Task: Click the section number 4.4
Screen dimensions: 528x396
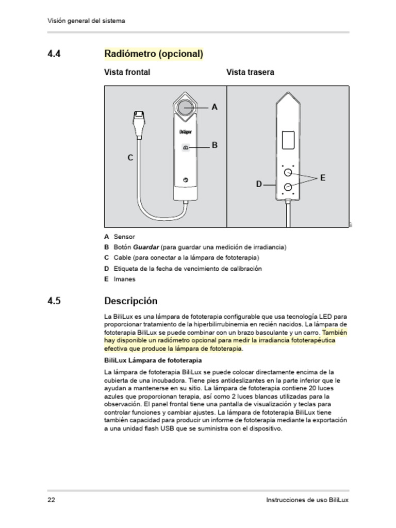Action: [x=54, y=54]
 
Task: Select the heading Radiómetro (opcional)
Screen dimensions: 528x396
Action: [x=154, y=54]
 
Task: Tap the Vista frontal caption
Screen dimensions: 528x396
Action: [x=127, y=72]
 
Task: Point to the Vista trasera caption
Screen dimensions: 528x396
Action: [x=250, y=72]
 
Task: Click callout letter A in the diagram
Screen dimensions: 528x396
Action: [x=214, y=107]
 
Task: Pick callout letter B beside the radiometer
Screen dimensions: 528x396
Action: [x=214, y=145]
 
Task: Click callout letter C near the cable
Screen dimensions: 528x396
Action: [x=130, y=158]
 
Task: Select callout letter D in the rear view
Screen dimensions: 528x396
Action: [x=259, y=184]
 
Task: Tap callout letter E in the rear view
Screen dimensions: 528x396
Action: [x=323, y=178]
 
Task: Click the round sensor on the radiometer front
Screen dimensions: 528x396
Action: [x=186, y=107]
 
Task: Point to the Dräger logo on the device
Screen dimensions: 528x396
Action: [x=186, y=132]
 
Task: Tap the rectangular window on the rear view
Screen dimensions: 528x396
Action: [x=288, y=140]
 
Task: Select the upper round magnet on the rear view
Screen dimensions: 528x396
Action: [x=288, y=172]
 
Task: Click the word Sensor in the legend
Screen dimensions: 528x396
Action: [x=124, y=237]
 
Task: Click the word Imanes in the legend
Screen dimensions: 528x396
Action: [x=124, y=279]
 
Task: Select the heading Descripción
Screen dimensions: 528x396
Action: [x=131, y=301]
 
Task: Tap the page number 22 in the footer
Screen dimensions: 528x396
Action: [x=52, y=500]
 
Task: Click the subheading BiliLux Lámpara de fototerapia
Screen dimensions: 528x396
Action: [x=153, y=360]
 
